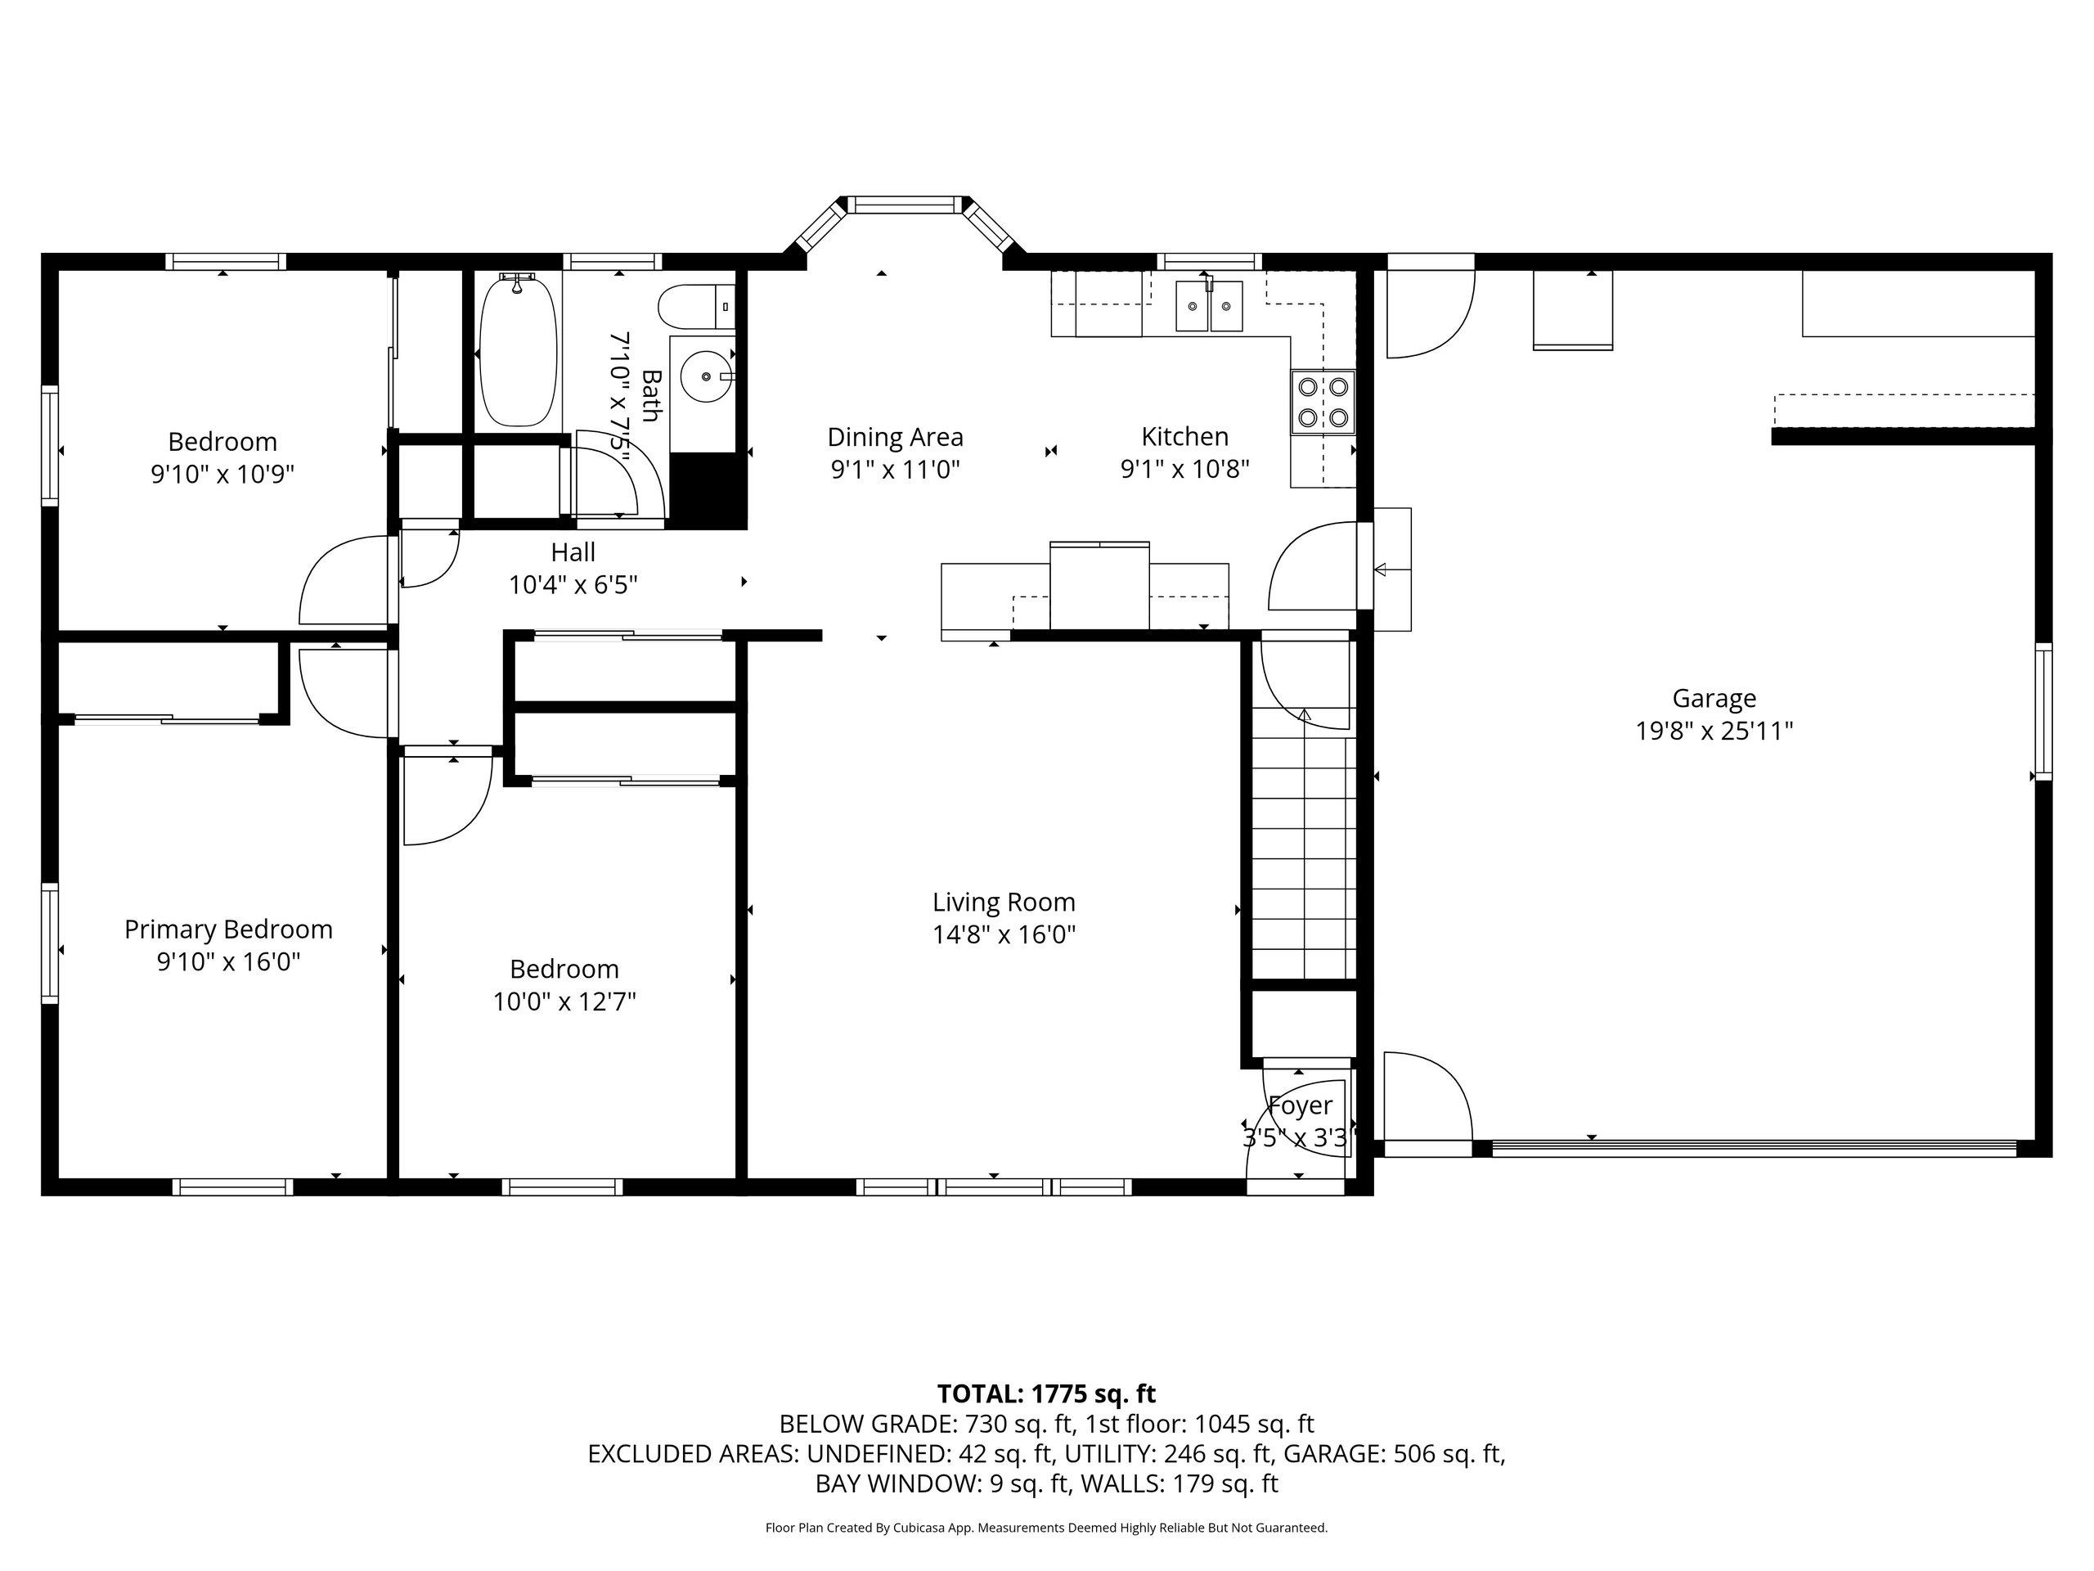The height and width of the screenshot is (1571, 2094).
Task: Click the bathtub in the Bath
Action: pyautogui.click(x=516, y=349)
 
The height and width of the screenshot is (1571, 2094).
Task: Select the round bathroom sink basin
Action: pyautogui.click(x=706, y=376)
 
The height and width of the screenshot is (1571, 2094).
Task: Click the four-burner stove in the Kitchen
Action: pyautogui.click(x=1323, y=401)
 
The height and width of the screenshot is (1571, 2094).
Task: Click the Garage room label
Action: pyautogui.click(x=1714, y=699)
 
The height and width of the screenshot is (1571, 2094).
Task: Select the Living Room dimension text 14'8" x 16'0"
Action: pyautogui.click(x=1004, y=934)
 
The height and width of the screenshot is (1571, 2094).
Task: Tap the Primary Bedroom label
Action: pyautogui.click(x=228, y=929)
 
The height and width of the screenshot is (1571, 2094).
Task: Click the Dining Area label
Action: pyautogui.click(x=895, y=437)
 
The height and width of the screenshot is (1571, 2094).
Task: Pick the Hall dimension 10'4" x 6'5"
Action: pyautogui.click(x=573, y=584)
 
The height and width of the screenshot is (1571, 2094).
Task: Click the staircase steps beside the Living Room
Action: pyautogui.click(x=1304, y=857)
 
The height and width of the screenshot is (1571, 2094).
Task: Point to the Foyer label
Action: pyautogui.click(x=1300, y=1105)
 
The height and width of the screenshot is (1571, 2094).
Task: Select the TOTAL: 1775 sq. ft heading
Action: pyautogui.click(x=1046, y=1394)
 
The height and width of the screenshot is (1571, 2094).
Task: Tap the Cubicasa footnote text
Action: pyautogui.click(x=1046, y=1528)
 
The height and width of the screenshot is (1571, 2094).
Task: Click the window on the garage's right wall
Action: pyautogui.click(x=2043, y=711)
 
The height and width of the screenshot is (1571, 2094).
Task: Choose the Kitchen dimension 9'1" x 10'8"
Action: pyautogui.click(x=1185, y=469)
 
